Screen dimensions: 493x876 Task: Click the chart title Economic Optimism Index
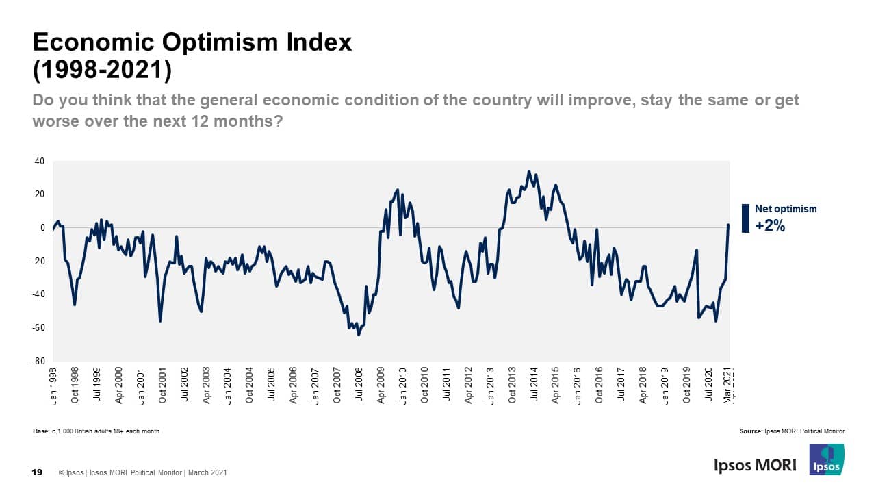pos(192,42)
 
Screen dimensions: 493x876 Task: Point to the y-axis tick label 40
pos(40,162)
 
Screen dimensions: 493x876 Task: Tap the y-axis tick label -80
pos(39,361)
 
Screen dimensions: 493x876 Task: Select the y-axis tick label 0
pos(42,228)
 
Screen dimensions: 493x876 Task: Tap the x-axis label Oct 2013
pos(513,387)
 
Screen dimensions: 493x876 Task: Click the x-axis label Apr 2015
pos(556,387)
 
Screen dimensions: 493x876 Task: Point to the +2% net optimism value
pos(770,226)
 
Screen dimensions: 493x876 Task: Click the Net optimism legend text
pos(786,209)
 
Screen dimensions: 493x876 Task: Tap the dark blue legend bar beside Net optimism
pos(745,218)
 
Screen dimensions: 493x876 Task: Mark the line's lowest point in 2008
pos(359,335)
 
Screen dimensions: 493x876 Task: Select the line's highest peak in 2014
pos(529,171)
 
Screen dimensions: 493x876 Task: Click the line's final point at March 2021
pos(728,225)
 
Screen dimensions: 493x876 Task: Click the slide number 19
pos(38,472)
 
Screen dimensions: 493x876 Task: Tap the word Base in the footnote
pos(41,431)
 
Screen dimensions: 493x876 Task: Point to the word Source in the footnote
pos(750,431)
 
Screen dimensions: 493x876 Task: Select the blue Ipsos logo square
pos(827,459)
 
